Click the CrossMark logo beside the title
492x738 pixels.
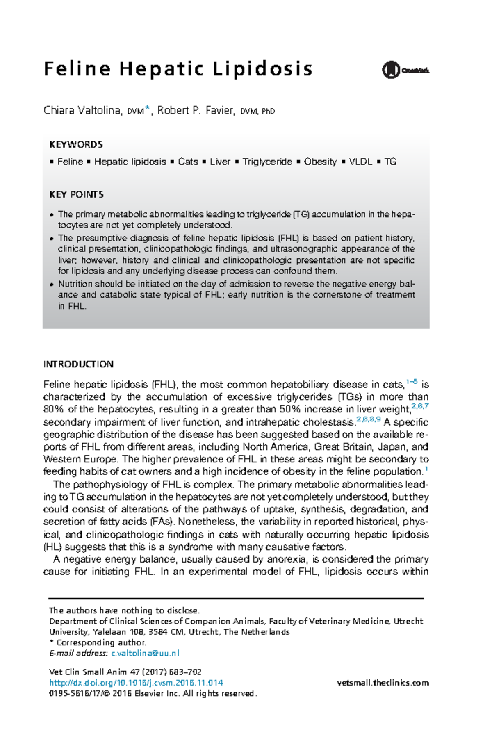click(405, 70)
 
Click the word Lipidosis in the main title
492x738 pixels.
click(262, 69)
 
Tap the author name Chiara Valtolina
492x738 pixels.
click(82, 111)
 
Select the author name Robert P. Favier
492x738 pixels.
click(196, 111)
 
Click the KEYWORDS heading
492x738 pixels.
click(76, 144)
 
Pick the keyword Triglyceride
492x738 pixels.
click(267, 162)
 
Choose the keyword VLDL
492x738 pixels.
click(360, 162)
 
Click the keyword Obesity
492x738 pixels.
click(320, 162)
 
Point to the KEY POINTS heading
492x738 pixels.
click(76, 194)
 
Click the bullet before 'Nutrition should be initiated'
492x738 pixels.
click(52, 285)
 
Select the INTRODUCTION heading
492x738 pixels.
click(78, 364)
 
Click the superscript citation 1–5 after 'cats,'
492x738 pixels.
click(412, 382)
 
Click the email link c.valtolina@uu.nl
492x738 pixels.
click(145, 653)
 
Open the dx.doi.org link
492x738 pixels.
click(136, 683)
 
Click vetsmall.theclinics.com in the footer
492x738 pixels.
click(383, 683)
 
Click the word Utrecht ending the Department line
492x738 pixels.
click(408, 621)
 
